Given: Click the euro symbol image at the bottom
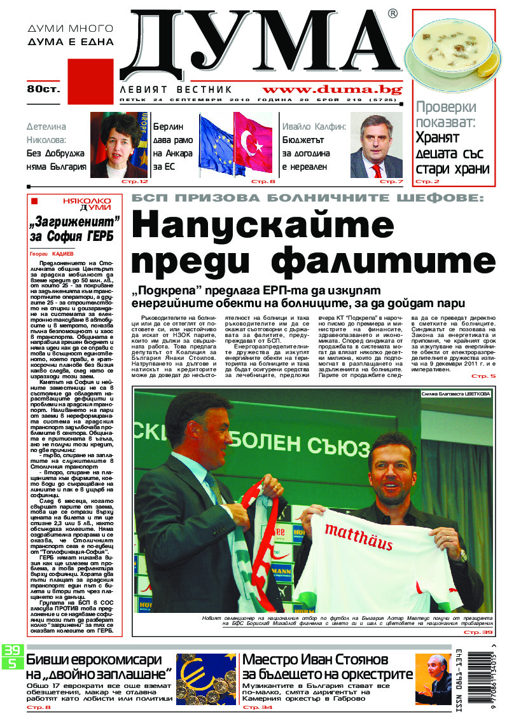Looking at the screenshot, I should coord(205,680).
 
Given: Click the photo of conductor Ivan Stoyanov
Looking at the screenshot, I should coord(433,679).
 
